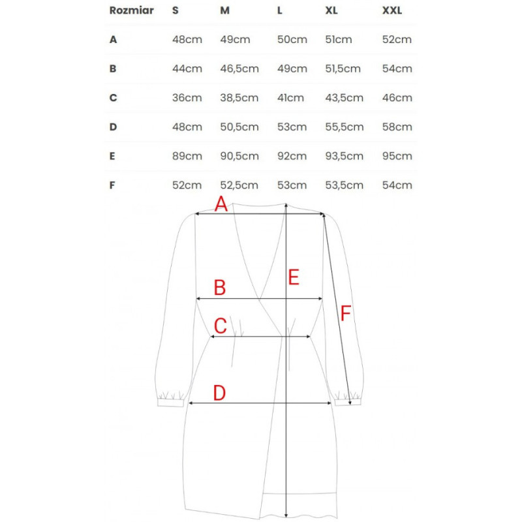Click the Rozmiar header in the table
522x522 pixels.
click(x=131, y=10)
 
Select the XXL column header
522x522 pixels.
click(x=393, y=10)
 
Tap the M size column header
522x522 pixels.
click(x=226, y=10)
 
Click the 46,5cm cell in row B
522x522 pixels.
click(x=239, y=69)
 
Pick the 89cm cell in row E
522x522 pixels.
click(x=187, y=156)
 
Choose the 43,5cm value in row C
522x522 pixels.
click(x=344, y=98)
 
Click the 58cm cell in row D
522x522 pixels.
click(x=397, y=127)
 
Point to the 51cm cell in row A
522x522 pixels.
click(x=338, y=39)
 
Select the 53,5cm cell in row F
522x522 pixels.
click(x=344, y=185)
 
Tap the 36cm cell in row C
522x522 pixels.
click(x=187, y=98)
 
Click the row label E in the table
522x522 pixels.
click(x=113, y=156)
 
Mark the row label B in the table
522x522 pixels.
click(x=113, y=69)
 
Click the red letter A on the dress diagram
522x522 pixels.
click(x=221, y=205)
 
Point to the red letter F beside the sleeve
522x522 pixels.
click(x=345, y=314)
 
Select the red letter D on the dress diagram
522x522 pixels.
click(x=219, y=393)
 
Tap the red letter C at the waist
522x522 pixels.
click(x=221, y=325)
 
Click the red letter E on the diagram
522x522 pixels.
click(x=294, y=277)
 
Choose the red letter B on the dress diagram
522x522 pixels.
click(x=220, y=287)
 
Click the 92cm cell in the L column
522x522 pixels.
click(x=292, y=156)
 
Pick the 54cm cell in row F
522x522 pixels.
click(x=397, y=185)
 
